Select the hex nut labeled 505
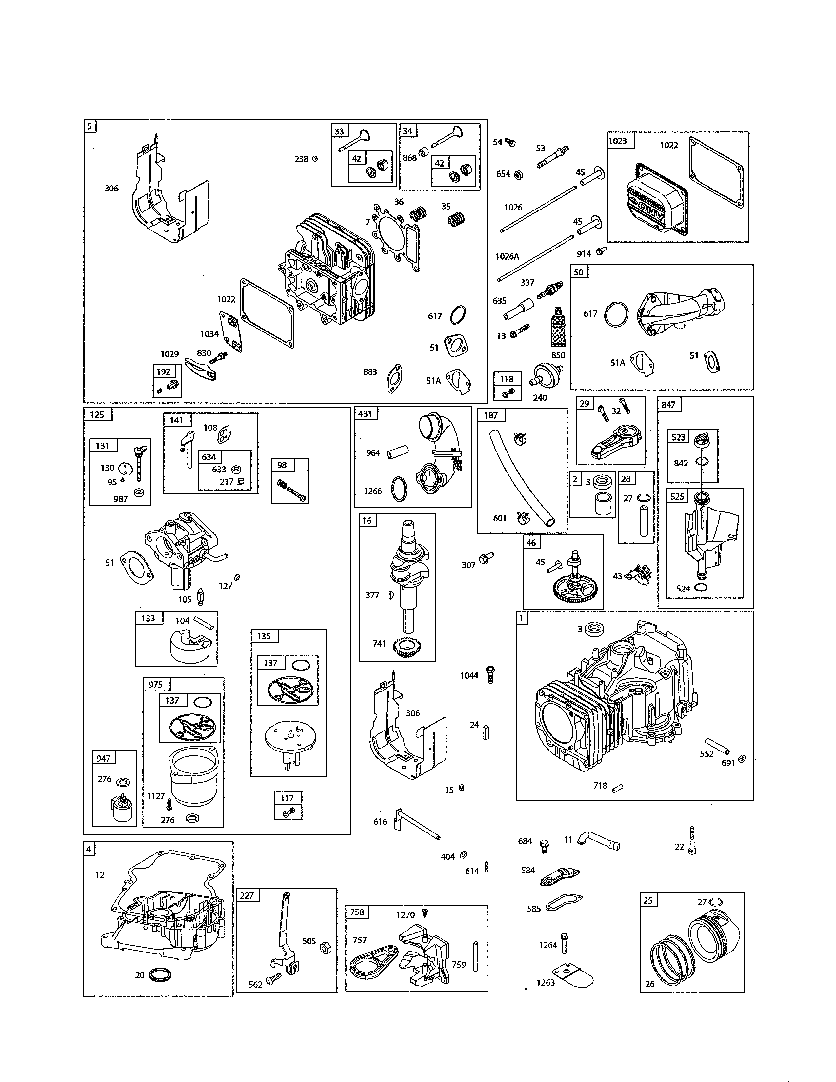[x=326, y=948]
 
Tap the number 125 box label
[x=97, y=414]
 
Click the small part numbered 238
[x=314, y=159]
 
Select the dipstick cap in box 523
[x=702, y=439]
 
